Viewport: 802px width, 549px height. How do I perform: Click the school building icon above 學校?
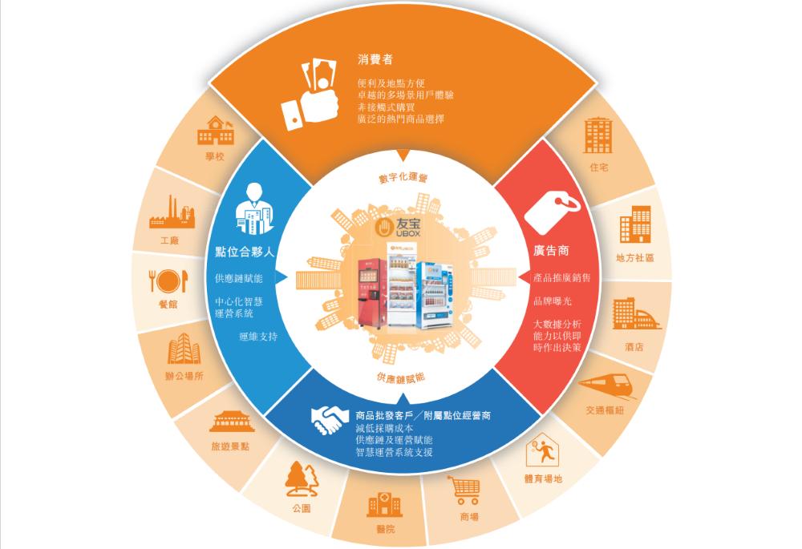(x=216, y=131)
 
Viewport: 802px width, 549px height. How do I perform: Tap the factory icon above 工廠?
(x=171, y=212)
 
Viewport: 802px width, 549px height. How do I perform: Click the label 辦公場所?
(x=184, y=376)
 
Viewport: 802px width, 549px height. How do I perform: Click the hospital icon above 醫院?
(x=384, y=504)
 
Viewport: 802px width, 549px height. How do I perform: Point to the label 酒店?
(x=634, y=347)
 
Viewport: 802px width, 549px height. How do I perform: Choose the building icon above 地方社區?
(x=635, y=226)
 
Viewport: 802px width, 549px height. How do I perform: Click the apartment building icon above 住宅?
(x=597, y=135)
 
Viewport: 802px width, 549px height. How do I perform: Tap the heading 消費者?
(x=375, y=59)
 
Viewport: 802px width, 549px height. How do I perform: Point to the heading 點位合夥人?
(x=246, y=251)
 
